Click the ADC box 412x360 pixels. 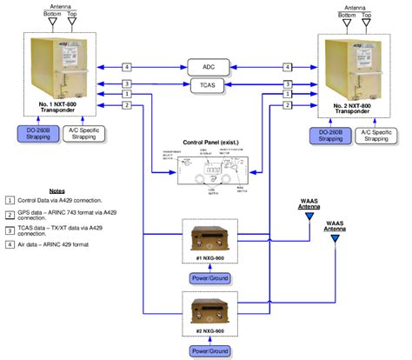pyautogui.click(x=207, y=67)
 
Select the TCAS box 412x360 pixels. pyautogui.click(x=207, y=85)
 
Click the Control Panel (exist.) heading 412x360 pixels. pyautogui.click(x=207, y=142)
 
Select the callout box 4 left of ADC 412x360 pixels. pyautogui.click(x=127, y=67)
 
